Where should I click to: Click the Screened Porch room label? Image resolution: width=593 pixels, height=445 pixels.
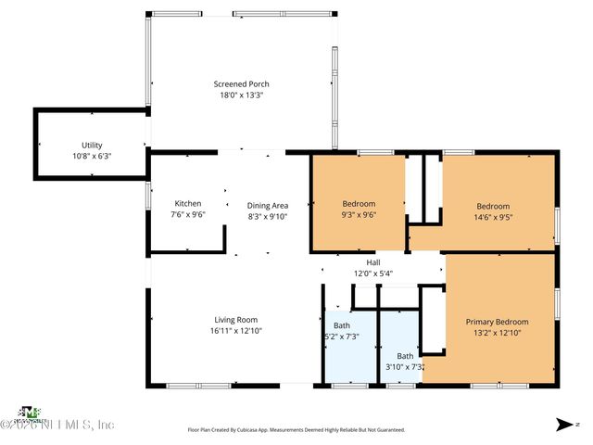pos(241,84)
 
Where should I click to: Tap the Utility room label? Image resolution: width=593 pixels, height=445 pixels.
pos(92,146)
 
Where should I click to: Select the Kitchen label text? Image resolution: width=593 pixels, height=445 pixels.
pos(188,204)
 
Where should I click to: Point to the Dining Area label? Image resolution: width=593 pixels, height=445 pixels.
pos(268,205)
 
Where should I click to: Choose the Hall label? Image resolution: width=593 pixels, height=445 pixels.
pos(373,262)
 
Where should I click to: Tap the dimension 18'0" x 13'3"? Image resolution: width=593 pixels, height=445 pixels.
pos(241,95)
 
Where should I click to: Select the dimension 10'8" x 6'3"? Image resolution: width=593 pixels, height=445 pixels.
pos(92,157)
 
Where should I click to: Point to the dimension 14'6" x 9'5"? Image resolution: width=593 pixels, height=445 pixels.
pos(493,217)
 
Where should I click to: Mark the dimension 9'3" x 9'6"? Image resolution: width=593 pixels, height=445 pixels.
pos(359,215)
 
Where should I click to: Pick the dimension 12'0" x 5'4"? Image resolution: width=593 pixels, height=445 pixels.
pos(373,273)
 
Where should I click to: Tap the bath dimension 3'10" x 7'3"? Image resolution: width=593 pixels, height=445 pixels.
pos(405,367)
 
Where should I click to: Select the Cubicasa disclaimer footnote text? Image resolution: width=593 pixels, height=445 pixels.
pos(296,430)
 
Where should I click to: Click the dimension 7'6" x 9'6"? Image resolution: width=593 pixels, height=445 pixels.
pos(188,215)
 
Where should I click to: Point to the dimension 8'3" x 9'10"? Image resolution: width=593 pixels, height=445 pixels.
pos(268,216)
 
